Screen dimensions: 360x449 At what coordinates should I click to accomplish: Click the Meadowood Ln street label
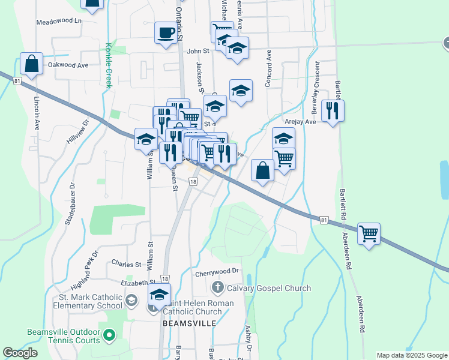(58, 20)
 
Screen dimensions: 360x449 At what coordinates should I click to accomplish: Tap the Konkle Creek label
(109, 65)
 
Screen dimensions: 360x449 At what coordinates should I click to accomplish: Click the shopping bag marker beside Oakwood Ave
(31, 63)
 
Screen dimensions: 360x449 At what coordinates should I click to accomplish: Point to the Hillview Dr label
(77, 130)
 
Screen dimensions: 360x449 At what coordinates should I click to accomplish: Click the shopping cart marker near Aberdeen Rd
(369, 233)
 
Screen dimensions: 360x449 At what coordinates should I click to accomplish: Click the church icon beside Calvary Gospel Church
(218, 288)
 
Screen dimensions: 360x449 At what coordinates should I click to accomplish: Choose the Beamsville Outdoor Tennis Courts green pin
(109, 335)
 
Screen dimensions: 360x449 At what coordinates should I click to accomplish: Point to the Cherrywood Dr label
(217, 273)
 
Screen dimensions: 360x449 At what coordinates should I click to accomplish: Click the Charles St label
(126, 263)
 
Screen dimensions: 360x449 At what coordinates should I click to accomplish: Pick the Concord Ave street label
(268, 68)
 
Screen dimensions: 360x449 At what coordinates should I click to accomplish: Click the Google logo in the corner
(20, 353)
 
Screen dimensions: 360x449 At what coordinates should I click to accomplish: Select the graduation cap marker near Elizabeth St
(159, 295)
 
